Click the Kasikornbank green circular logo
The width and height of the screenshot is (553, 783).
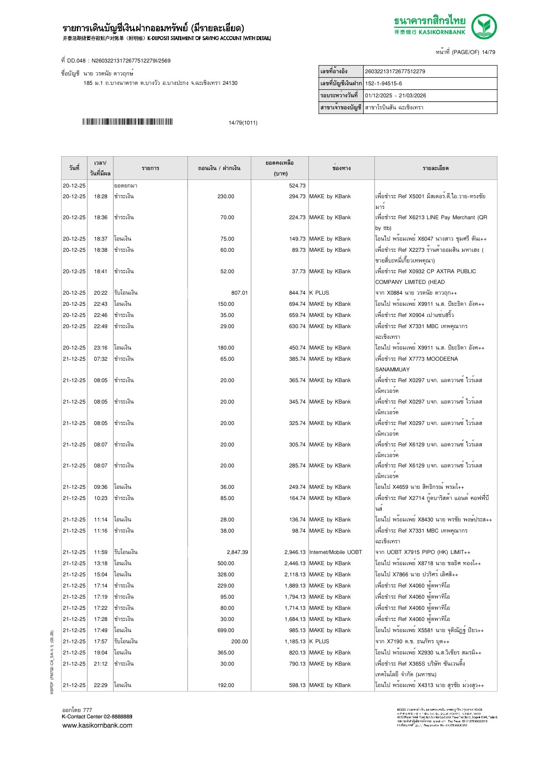coord(484,26)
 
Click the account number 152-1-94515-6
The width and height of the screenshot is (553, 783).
coord(383,83)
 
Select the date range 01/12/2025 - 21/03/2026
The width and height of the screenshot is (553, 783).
coord(395,96)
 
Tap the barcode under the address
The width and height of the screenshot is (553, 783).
coord(127,122)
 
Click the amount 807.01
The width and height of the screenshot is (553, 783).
coord(239,293)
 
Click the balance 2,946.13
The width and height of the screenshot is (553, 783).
coord(295,552)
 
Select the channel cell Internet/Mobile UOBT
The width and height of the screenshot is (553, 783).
coord(336,552)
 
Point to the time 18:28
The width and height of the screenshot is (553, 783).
coord(100,196)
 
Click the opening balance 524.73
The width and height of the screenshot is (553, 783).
coord(297,186)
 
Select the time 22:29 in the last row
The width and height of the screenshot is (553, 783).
coord(100,685)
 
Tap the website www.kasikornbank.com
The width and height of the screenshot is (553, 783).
coord(97,725)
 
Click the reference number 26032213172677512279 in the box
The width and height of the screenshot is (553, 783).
coord(395,71)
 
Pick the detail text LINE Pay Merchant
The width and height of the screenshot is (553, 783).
coord(451,217)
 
